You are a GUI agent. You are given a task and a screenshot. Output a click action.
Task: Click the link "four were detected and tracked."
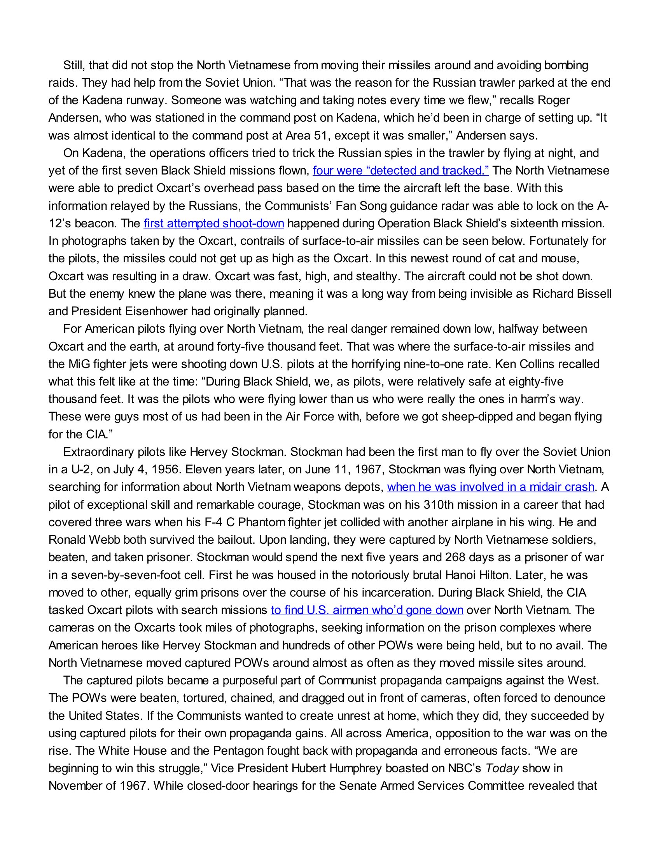[400, 171]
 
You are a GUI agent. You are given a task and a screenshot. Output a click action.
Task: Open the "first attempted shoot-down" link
[214, 223]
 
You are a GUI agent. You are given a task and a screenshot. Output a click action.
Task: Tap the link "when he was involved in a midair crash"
[491, 487]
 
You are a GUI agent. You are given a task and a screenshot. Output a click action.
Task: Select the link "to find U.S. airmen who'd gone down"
[367, 610]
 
